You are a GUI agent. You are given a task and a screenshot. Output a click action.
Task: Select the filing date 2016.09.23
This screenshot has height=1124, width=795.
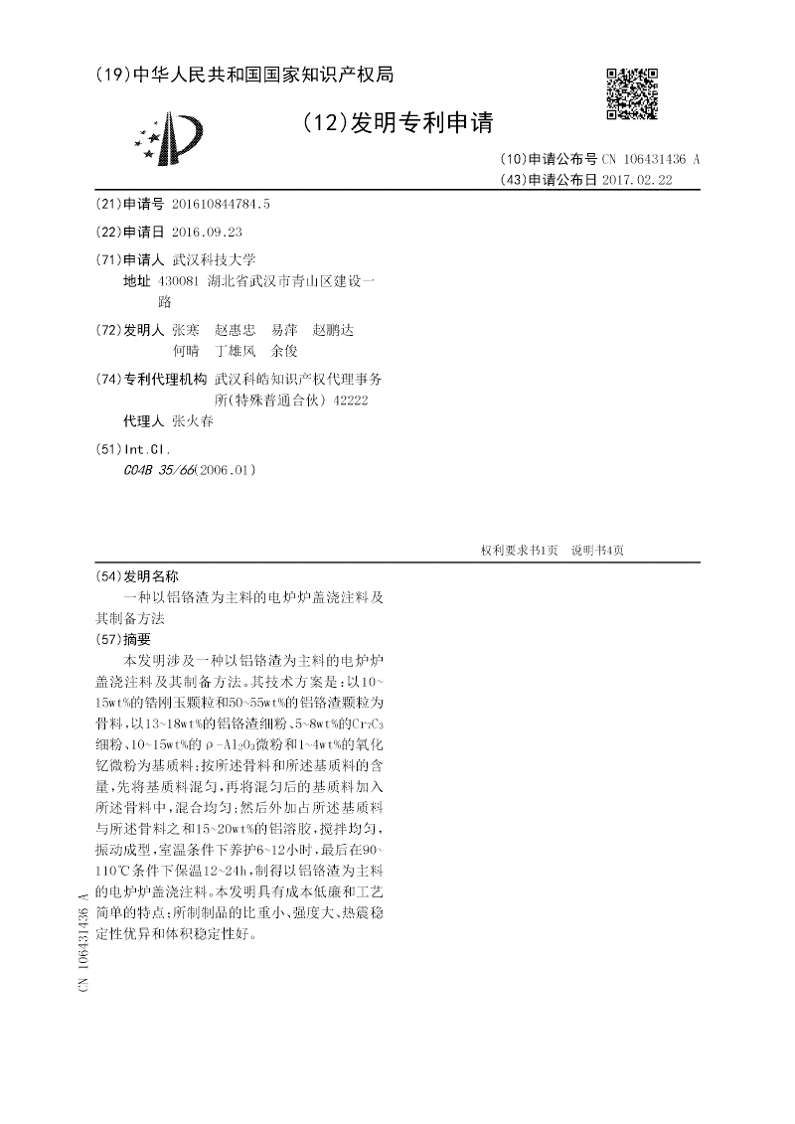[x=207, y=232]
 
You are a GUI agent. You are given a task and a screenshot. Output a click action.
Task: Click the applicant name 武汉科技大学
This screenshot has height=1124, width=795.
[x=214, y=259]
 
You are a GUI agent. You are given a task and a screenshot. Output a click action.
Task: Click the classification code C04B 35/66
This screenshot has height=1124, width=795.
[x=156, y=469]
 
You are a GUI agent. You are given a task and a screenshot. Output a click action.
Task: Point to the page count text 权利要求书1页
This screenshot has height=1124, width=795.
[x=519, y=551]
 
